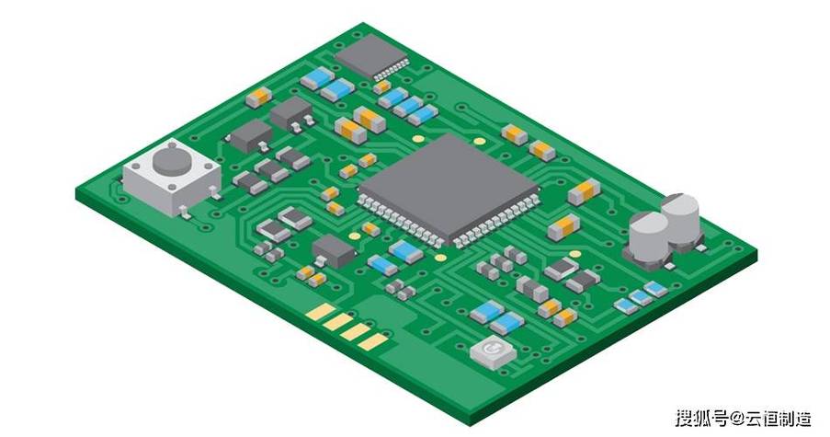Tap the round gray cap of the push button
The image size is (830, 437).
tap(172, 160)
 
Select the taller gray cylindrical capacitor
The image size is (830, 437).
tap(680, 217)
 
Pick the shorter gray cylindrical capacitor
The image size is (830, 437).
tap(649, 236)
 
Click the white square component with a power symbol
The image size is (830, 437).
tap(493, 352)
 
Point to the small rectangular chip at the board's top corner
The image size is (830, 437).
tap(371, 55)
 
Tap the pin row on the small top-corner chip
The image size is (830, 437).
tap(392, 69)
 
